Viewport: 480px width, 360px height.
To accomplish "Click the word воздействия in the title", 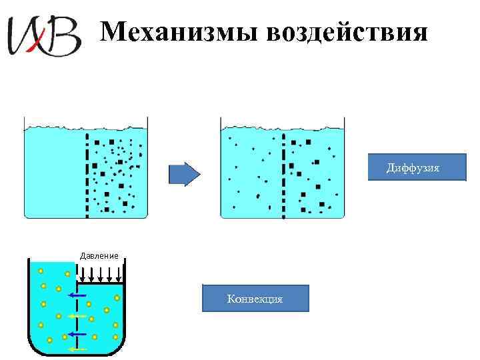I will click(346, 31).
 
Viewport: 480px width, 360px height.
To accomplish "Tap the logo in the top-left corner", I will click(43, 35).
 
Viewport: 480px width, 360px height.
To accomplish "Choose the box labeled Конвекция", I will click(255, 299).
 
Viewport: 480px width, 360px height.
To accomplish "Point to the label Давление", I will click(99, 255).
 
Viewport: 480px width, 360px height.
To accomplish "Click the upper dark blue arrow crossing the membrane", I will click(77, 294).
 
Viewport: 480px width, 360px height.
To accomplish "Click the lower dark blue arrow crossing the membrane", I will click(77, 333).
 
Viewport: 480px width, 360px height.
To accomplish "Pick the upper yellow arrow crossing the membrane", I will click(77, 315).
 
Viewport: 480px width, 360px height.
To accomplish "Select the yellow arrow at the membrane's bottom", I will click(77, 348).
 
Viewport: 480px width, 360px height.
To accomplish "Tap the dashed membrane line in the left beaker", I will click(87, 175).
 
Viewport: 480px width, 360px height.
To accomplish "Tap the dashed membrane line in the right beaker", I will click(283, 175).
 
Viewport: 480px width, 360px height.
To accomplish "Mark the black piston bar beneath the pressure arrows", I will click(100, 283).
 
